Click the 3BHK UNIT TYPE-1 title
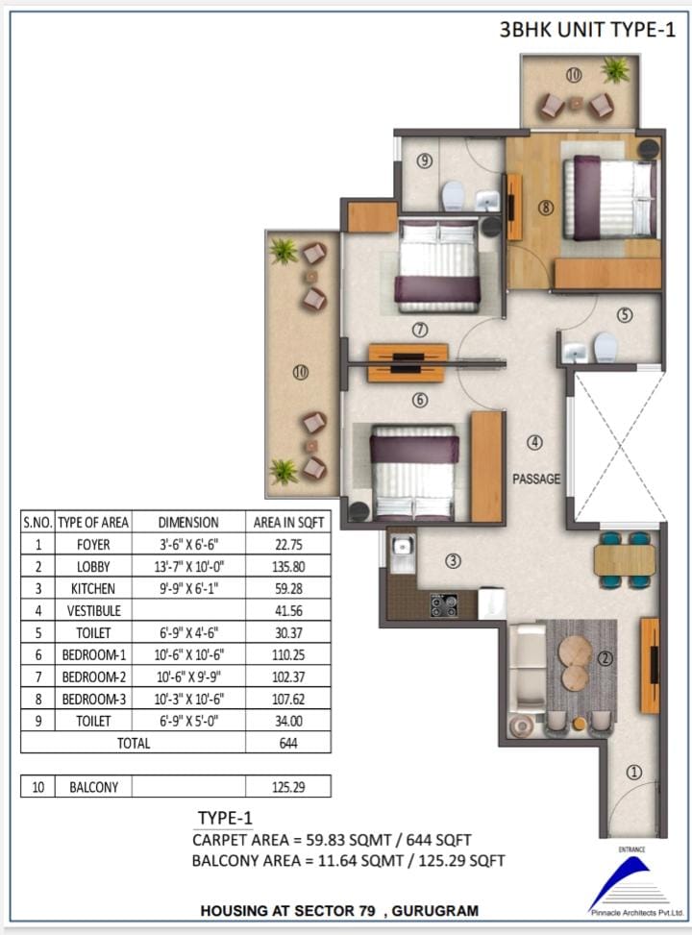tap(587, 29)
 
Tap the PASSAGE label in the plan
tap(536, 479)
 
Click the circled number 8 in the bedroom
tap(545, 208)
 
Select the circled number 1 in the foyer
tap(633, 773)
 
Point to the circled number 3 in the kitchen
tap(454, 560)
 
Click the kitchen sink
tap(403, 546)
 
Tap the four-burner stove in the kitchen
tap(444, 604)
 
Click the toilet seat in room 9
tap(453, 196)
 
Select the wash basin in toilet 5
tap(575, 352)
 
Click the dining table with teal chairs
tap(624, 559)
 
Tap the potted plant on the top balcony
tap(615, 69)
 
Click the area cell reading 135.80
tap(288, 567)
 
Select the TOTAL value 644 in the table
tap(288, 743)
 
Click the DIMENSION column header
tap(188, 523)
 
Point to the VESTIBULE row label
tap(93, 610)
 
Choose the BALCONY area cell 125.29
tap(288, 787)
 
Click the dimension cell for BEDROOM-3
tap(188, 699)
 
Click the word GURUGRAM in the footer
tap(435, 911)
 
